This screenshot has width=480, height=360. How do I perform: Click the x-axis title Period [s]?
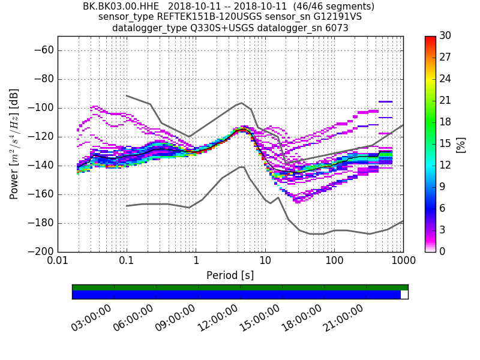[x=230, y=275]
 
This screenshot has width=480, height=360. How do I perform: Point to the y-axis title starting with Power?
[x=14, y=144]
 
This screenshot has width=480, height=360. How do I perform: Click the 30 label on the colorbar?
[x=445, y=36]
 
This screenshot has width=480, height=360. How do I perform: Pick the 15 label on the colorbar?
[x=445, y=144]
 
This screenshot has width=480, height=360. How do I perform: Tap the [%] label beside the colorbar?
[x=461, y=144]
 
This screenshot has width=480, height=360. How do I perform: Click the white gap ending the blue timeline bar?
[x=404, y=295]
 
